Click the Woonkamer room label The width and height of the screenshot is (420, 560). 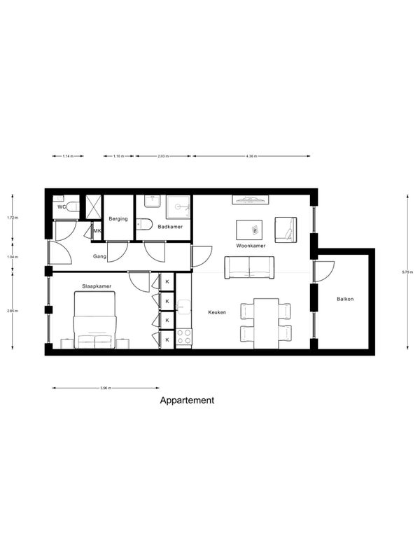coord(250,246)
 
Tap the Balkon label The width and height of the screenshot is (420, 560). coord(345,299)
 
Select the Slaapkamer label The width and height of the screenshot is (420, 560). coord(96,286)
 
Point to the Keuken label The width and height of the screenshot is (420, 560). coord(216,312)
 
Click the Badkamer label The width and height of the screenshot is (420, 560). coord(169,226)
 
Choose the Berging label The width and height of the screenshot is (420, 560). coord(118,219)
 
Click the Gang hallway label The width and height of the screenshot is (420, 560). coord(99,257)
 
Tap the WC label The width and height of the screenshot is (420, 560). coord(62,207)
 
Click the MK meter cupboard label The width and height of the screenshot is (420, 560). coord(97,231)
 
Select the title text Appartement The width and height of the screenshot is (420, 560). coord(187,401)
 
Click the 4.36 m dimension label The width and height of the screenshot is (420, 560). coord(252,156)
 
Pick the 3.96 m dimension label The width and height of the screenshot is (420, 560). coord(106,388)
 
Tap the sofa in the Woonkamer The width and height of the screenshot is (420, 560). coord(249,267)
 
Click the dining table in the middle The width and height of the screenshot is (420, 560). coord(266,323)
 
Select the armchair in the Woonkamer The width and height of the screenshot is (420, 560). coord(285,230)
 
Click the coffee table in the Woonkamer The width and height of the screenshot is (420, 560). coord(249,229)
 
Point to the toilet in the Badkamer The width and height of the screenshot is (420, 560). coord(145,224)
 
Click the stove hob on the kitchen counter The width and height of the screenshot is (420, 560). coord(183,337)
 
